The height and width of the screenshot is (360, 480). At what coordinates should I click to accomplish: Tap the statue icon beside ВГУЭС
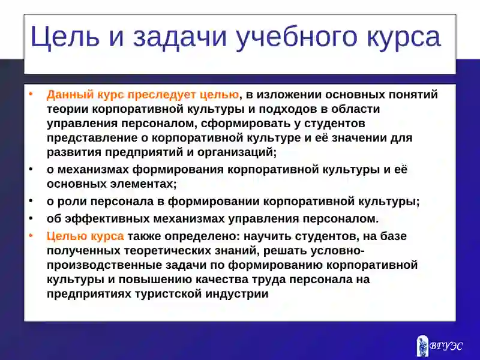423,346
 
